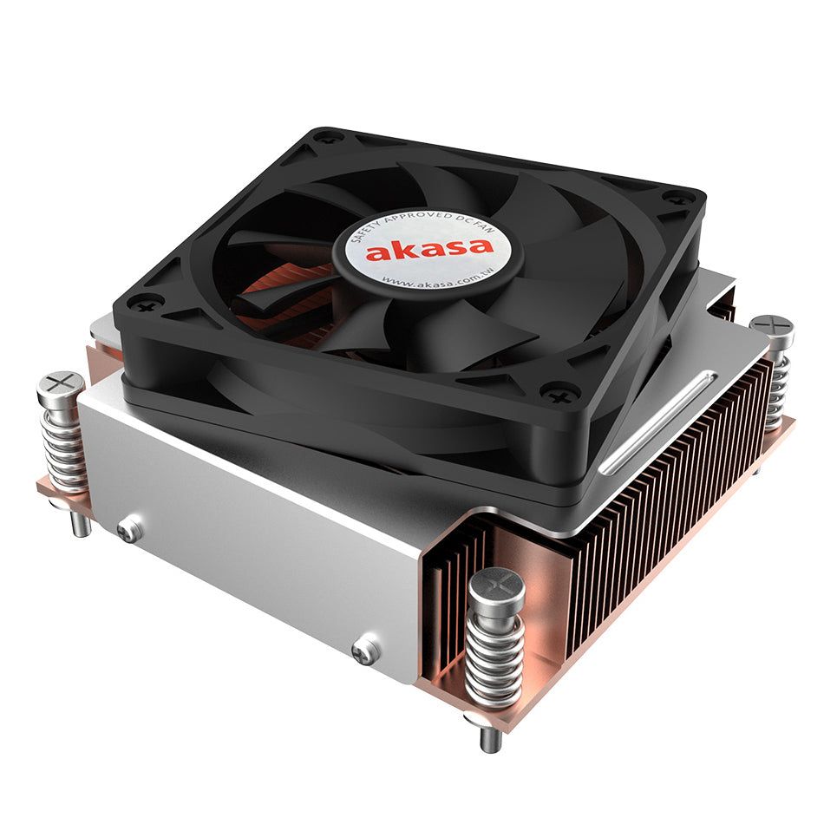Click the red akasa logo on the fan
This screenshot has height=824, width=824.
tap(429, 251)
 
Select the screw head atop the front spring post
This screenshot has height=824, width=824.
tap(496, 585)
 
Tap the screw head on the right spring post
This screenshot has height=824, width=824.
tap(771, 325)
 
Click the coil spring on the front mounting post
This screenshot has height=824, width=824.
tap(494, 659)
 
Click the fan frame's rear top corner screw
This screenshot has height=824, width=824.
tap(329, 136)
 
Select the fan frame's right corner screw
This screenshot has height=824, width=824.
tap(677, 198)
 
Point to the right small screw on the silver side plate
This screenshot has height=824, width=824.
tap(366, 651)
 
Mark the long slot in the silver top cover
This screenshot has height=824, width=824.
tap(659, 422)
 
